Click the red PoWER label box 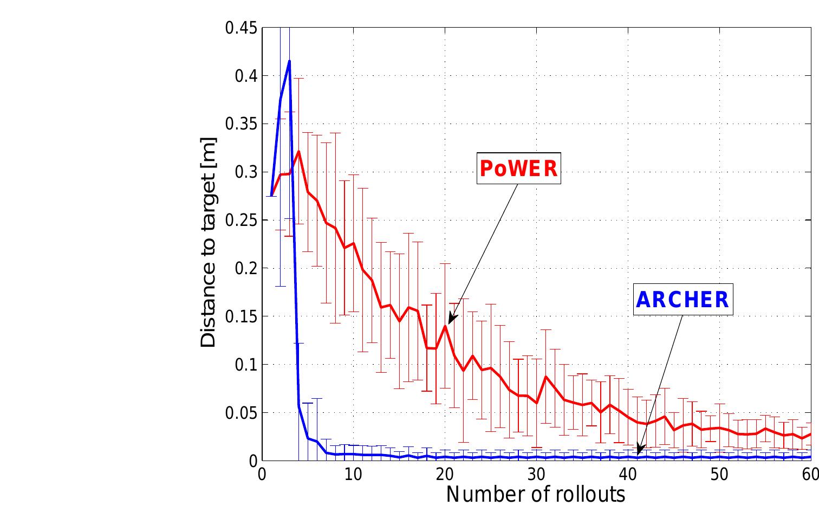coord(518,168)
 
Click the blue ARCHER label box coord(682,300)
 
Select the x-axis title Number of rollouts coord(536,494)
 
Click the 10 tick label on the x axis coord(353,474)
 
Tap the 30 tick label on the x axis coord(536,474)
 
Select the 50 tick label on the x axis coord(719,474)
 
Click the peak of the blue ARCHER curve coord(289,61)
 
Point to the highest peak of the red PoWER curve coord(298,151)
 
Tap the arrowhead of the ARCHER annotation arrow coord(639,452)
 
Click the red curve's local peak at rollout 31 coord(545,376)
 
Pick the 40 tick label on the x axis coord(628,474)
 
